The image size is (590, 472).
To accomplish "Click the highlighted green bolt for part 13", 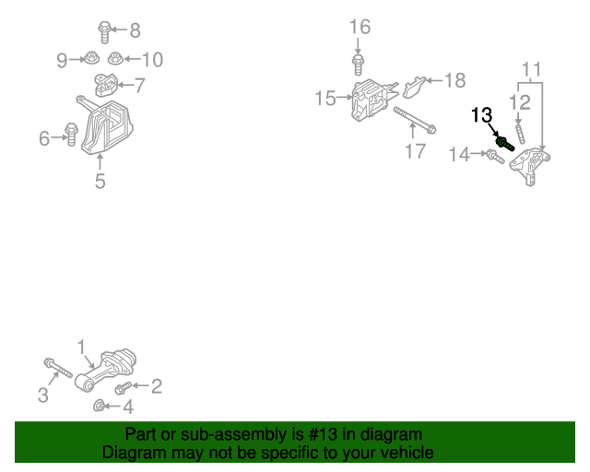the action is click(505, 144).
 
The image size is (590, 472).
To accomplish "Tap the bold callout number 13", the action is click(481, 115).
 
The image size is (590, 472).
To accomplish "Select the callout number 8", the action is click(136, 30).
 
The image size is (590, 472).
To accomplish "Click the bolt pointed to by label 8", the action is click(104, 31).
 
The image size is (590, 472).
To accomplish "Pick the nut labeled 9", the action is click(90, 58).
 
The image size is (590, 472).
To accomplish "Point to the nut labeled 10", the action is click(115, 58).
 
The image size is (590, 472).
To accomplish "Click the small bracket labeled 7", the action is click(105, 85).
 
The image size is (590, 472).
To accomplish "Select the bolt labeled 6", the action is click(71, 135).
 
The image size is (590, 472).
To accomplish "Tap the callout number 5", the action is click(100, 182).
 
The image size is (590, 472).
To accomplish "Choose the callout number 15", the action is click(325, 99).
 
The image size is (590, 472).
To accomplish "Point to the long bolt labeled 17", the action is click(415, 120).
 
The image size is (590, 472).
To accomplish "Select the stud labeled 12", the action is click(520, 134).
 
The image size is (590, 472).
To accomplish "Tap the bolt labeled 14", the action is click(495, 157).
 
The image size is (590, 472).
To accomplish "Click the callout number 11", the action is click(532, 70).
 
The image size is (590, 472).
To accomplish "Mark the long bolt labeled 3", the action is click(58, 368).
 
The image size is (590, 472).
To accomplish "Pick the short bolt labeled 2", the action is click(123, 388).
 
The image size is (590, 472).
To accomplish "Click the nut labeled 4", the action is click(99, 406).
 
